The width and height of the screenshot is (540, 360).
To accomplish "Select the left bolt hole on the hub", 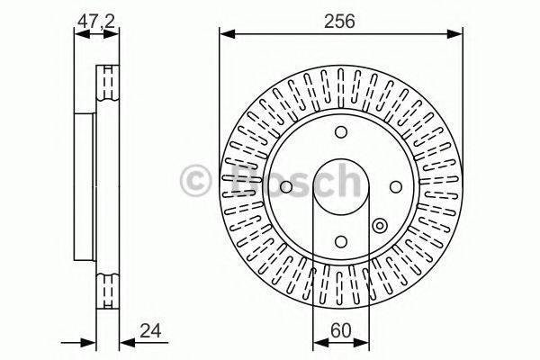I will coord(285,186).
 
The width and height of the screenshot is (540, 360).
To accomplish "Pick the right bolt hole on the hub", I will coord(395,186).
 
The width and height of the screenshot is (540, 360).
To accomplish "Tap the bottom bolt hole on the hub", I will coord(341,240).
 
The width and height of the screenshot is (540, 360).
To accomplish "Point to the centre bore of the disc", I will coord(341,186).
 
